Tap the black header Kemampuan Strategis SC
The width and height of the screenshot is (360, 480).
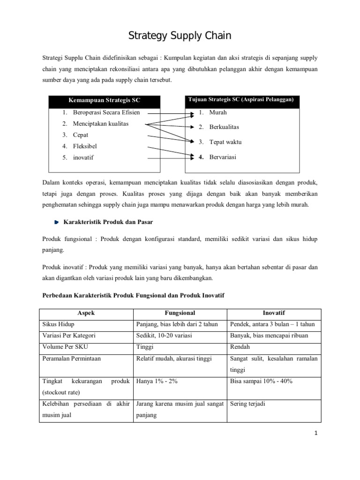(x=105, y=101)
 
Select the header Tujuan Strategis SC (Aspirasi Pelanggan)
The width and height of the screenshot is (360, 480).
(x=240, y=100)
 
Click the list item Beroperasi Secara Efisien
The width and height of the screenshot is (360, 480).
(x=106, y=112)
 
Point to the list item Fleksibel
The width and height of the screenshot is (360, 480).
(x=85, y=146)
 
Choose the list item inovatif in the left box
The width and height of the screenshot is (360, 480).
(x=83, y=157)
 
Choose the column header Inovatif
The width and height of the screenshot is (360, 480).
(x=274, y=313)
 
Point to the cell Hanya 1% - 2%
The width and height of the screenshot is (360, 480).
(x=157, y=381)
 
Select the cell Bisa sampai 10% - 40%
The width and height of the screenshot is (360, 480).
(x=261, y=381)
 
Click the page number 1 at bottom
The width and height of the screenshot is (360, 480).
(x=316, y=434)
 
